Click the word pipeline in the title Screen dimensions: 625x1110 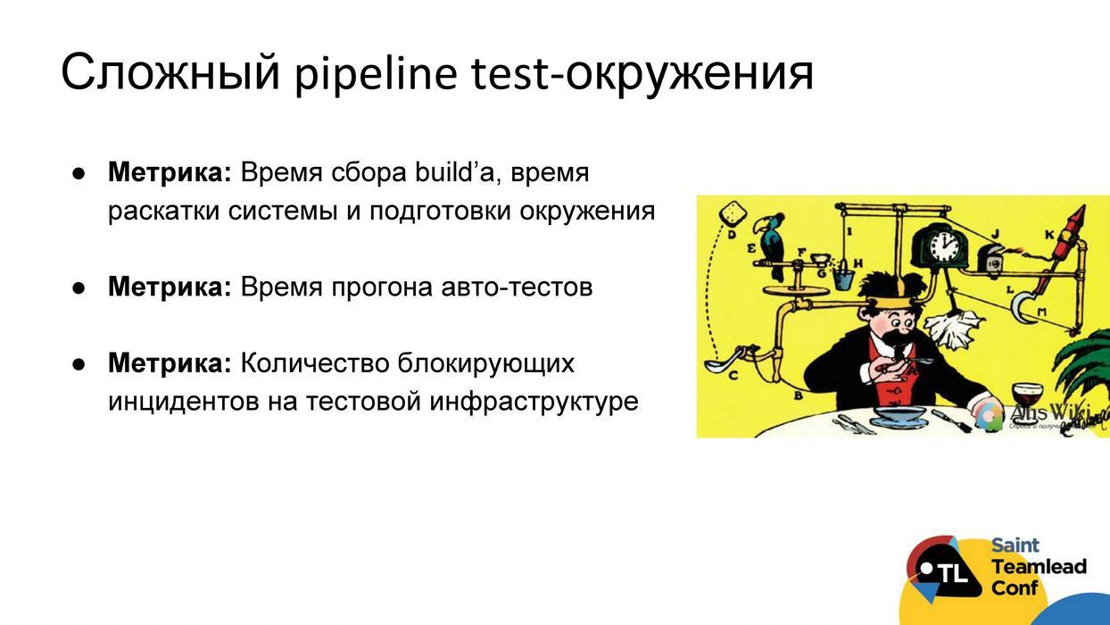[x=376, y=73]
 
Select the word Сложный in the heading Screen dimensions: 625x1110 [x=170, y=73]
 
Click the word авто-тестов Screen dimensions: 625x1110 [x=517, y=287]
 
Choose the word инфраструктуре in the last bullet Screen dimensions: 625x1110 [x=534, y=402]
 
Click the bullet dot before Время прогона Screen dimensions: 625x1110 [x=79, y=287]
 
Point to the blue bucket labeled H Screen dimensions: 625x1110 [x=840, y=276]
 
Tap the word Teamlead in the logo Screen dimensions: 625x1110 [x=1039, y=567]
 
